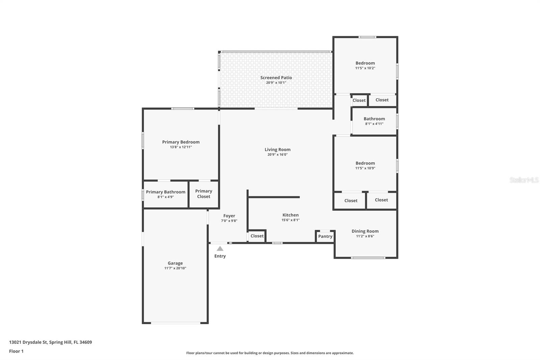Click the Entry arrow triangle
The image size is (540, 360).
[220, 249]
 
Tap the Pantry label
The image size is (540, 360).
[325, 236]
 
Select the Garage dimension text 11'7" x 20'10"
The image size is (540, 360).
[175, 268]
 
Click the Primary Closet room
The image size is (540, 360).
[204, 194]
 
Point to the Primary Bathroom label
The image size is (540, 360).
[165, 192]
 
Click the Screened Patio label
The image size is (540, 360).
[276, 78]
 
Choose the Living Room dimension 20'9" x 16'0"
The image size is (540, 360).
[277, 155]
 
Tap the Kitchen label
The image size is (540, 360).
[290, 215]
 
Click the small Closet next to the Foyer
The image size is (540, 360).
[257, 236]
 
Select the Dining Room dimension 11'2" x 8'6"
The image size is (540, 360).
[365, 236]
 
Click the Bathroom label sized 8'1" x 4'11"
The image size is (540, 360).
[374, 119]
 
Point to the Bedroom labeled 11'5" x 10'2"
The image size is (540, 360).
[365, 63]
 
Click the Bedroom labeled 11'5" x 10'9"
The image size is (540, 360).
[365, 163]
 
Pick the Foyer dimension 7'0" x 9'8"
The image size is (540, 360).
[229, 221]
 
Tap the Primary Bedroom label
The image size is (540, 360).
[181, 142]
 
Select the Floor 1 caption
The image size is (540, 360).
[16, 351]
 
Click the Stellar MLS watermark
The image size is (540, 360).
[524, 180]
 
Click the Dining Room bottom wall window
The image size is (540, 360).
[368, 258]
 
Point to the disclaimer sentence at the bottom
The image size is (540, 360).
[270, 353]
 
